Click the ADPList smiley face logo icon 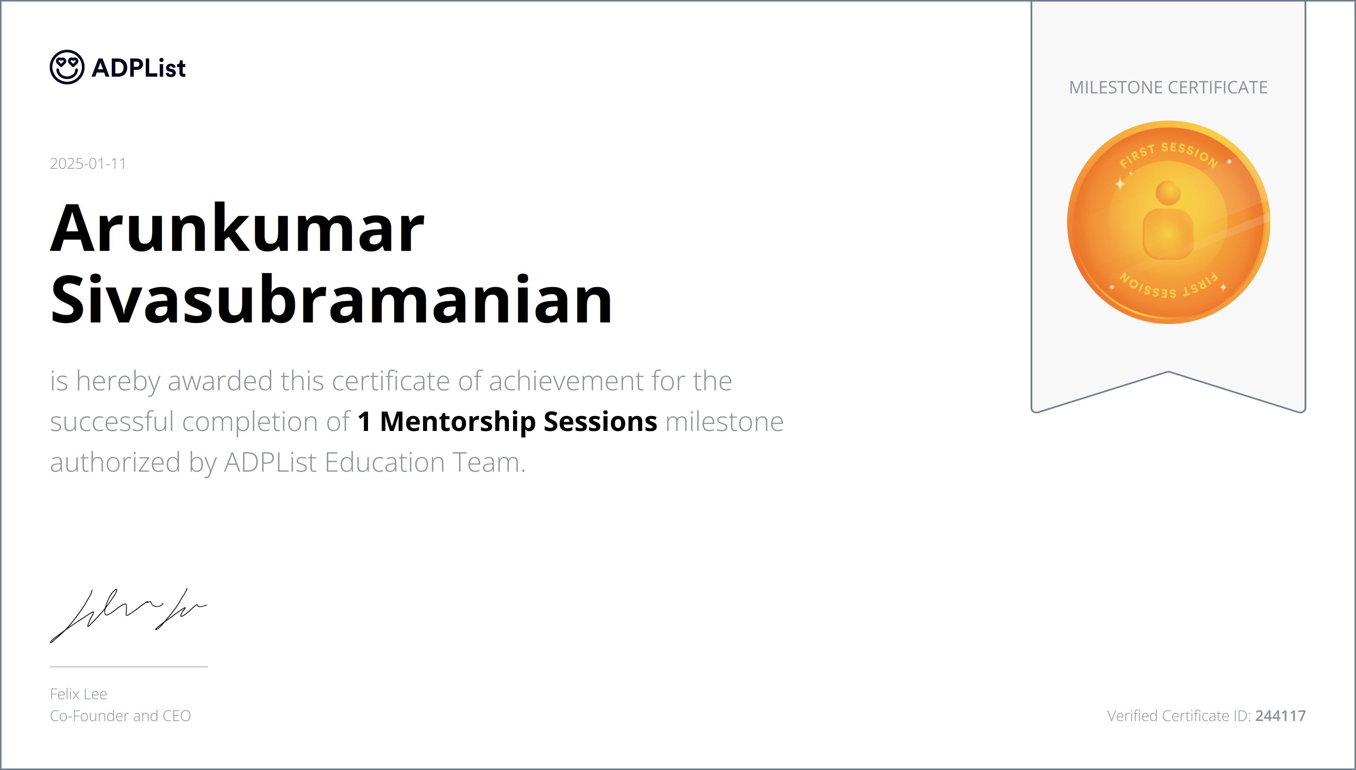click(67, 67)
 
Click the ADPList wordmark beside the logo click(139, 68)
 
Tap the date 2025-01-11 click(88, 164)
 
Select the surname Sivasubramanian click(331, 300)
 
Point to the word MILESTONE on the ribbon click(1115, 88)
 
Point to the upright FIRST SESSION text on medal click(1169, 153)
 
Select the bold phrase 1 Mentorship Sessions click(507, 422)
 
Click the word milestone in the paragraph click(724, 422)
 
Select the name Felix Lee click(78, 694)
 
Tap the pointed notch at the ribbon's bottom click(1168, 373)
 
